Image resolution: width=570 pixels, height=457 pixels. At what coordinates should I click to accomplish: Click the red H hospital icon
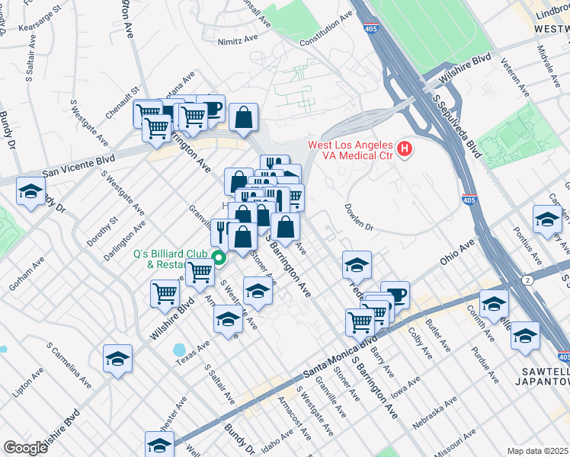(405, 149)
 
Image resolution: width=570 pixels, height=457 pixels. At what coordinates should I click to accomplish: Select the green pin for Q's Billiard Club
(219, 258)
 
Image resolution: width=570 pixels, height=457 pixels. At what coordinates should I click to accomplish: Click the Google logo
(25, 447)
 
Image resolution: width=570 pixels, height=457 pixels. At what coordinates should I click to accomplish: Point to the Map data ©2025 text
(537, 451)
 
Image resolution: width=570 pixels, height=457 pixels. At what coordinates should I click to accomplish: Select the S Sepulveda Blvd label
(458, 126)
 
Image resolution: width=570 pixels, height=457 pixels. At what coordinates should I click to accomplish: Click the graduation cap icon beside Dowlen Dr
(357, 265)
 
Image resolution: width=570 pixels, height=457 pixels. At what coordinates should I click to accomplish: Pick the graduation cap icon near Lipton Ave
(117, 359)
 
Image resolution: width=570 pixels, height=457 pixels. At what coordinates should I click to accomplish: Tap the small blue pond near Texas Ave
(180, 350)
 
